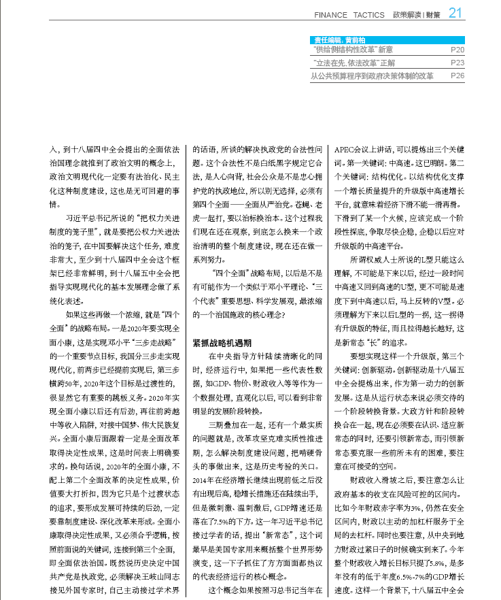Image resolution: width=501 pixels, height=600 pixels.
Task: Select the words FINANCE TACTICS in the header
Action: point(350,14)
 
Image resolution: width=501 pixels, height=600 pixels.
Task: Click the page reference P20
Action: point(457,50)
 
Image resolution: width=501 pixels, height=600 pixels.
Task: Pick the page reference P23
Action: point(457,63)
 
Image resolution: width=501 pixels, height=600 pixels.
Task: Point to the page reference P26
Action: point(457,76)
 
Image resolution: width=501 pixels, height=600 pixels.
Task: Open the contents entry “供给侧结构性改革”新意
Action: point(353,50)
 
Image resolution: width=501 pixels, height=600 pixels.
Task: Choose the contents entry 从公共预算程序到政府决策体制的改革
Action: point(372,76)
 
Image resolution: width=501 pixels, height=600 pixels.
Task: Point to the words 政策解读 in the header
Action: point(407,14)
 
